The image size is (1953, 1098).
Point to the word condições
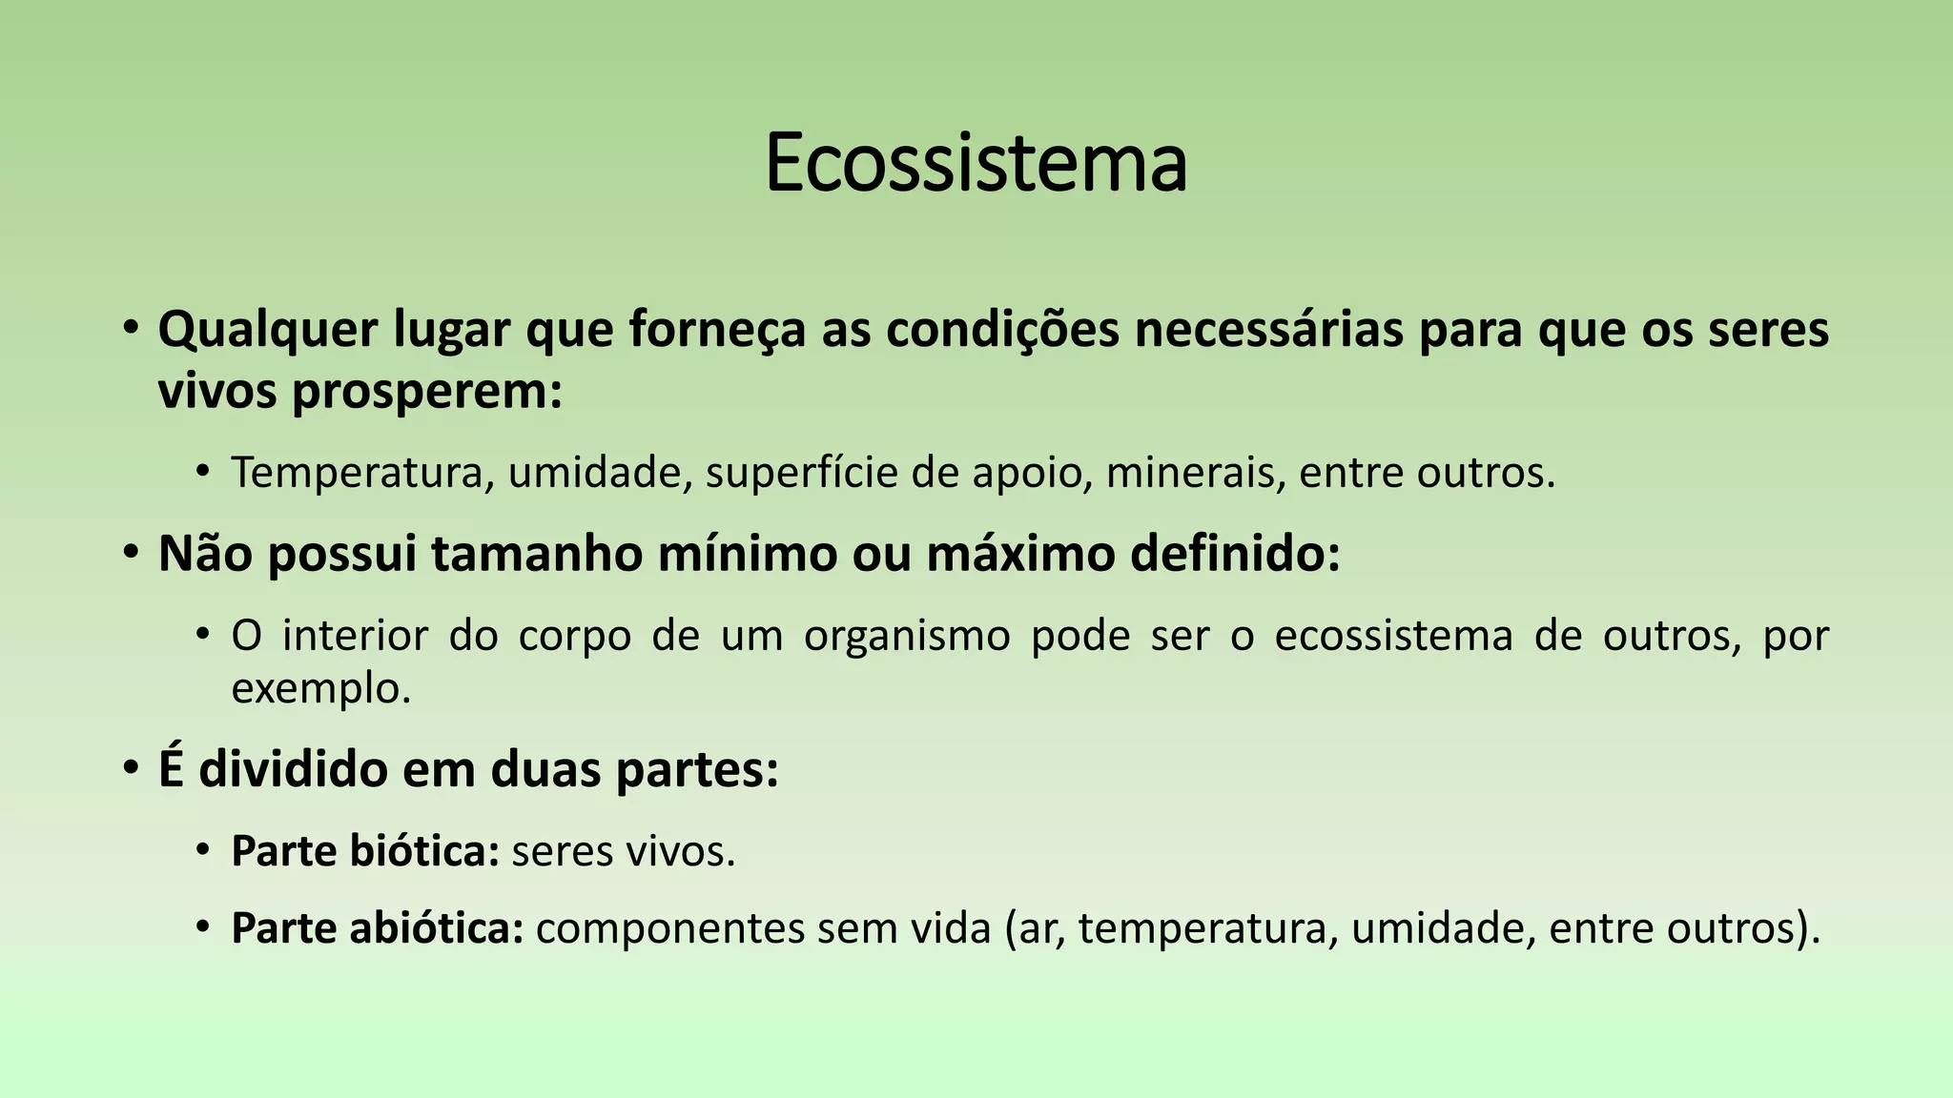[1002, 331]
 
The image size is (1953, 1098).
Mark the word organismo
[907, 636]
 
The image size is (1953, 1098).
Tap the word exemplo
[320, 688]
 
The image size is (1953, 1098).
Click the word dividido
[294, 769]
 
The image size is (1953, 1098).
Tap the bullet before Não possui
[132, 554]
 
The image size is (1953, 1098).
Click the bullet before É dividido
[132, 769]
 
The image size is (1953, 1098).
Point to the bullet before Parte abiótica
[202, 928]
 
